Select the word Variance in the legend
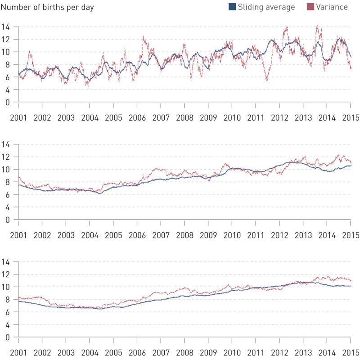pyautogui.click(x=332, y=7)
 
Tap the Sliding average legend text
pyautogui.click(x=267, y=7)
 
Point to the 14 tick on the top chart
pyautogui.click(x=6, y=27)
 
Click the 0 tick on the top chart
pyautogui.click(x=8, y=102)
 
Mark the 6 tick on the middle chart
pyautogui.click(x=8, y=195)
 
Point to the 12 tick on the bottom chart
pyautogui.click(x=6, y=274)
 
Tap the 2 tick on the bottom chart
pyautogui.click(x=8, y=324)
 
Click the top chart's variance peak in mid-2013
pyautogui.click(x=317, y=26)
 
